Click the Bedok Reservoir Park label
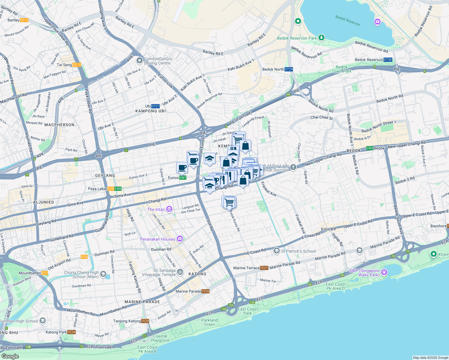[297, 38]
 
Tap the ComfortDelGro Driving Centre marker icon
[139, 61]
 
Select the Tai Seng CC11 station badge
[77, 65]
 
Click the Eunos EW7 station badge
[183, 178]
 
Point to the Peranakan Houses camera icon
[180, 239]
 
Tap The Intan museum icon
[169, 209]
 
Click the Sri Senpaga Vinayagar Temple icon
[180, 272]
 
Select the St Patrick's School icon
[277, 251]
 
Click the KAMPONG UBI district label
[150, 111]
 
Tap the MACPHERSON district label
[59, 125]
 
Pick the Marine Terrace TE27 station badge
[264, 268]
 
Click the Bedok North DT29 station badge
[288, 69]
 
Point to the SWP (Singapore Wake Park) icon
[384, 272]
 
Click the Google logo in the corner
[10, 356]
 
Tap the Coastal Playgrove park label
[160, 338]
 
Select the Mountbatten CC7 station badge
[45, 273]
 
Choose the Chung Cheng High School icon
[103, 274]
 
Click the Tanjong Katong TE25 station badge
[145, 321]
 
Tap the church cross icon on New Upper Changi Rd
[293, 167]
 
